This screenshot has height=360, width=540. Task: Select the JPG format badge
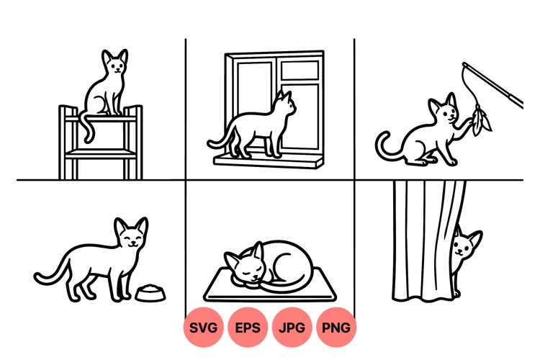(x=292, y=328)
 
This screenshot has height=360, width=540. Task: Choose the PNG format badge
(x=336, y=328)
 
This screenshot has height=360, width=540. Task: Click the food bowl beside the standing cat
(x=150, y=293)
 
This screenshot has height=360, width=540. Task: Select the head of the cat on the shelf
(x=114, y=65)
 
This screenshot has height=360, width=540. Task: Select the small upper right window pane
(x=300, y=70)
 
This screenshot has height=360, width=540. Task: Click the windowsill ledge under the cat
(x=266, y=161)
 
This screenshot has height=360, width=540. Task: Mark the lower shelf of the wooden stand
(x=100, y=152)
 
